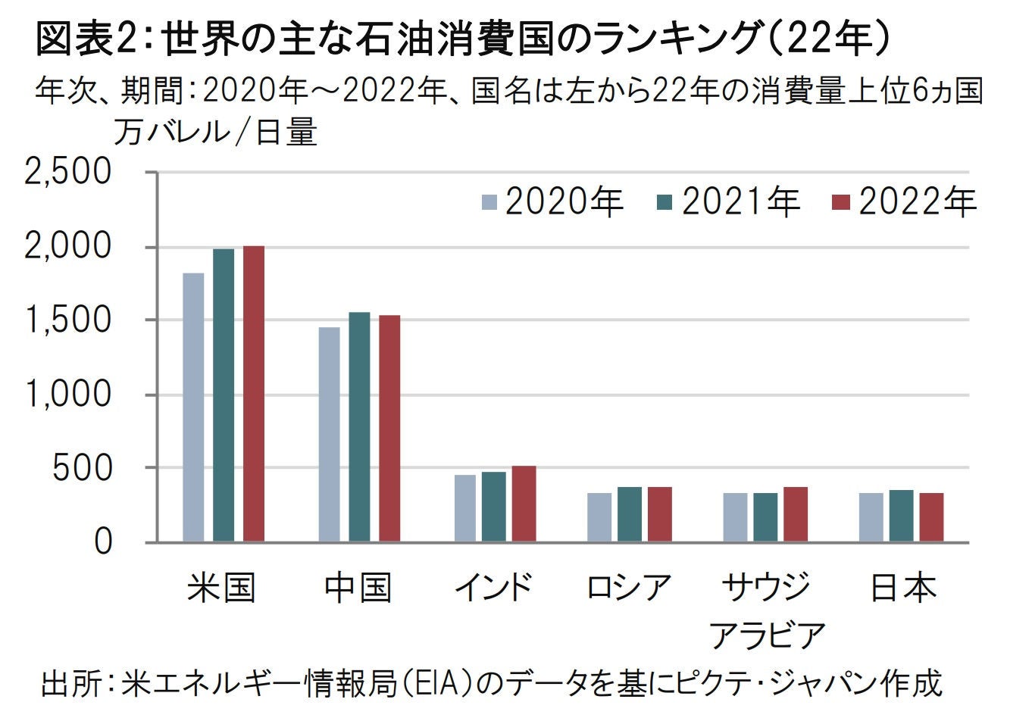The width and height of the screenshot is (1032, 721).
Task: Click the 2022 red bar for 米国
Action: pos(253,394)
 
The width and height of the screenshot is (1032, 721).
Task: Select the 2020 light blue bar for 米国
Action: pos(193,407)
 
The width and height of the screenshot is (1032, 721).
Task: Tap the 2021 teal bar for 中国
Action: pos(359,427)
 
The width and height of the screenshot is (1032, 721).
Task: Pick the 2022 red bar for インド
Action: pos(524,504)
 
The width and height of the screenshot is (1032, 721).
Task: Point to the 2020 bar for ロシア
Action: pos(599,517)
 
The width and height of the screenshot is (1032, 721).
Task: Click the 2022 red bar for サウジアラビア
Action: pos(796,514)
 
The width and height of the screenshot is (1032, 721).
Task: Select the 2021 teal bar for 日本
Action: pos(901,516)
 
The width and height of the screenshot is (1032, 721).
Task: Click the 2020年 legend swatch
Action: pos(489,202)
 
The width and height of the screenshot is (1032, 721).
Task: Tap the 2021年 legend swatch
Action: pos(665,202)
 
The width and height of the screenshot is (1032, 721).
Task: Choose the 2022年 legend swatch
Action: pos(842,202)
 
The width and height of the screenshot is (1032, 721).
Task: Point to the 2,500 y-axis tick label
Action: pos(68,173)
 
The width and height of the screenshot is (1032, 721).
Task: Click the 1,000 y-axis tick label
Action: pos(68,395)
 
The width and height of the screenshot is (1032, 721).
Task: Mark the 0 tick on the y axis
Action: pos(102,542)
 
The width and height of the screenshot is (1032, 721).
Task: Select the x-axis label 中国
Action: pos(358,588)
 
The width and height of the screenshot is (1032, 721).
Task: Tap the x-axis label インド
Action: pos(493,588)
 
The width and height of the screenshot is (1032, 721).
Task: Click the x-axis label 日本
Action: pos(902,588)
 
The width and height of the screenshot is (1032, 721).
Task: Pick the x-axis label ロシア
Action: pos(629,588)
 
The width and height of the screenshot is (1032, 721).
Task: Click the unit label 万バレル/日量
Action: pos(215,133)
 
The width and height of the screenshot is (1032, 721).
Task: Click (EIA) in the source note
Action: pos(439,684)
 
